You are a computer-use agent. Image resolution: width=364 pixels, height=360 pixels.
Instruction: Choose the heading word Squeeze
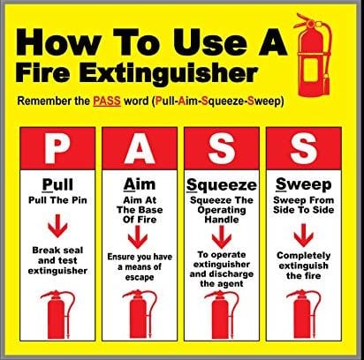(x=218, y=185)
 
